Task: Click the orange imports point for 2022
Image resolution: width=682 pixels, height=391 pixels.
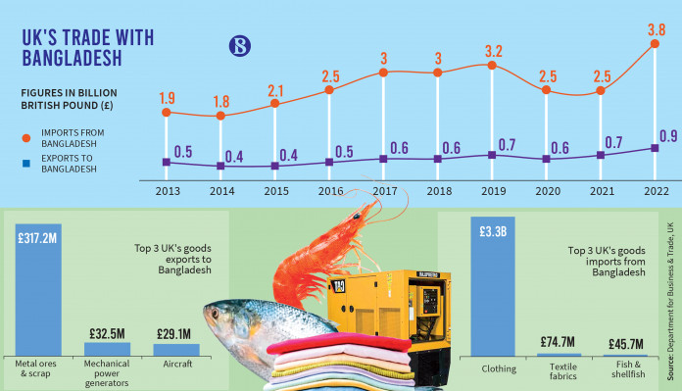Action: point(655,43)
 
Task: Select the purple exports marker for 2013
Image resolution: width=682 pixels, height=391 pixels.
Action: point(167,162)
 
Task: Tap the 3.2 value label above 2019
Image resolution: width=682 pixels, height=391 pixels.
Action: point(494,51)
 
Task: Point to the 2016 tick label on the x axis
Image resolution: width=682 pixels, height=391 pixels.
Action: point(330,191)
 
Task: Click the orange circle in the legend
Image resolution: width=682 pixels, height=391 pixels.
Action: point(26,138)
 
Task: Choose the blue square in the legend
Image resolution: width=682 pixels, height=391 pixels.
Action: point(26,164)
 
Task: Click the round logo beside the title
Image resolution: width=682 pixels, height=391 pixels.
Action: point(240,46)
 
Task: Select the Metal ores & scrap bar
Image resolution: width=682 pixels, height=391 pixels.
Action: point(38,290)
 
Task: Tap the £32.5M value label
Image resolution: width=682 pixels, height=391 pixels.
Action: point(107,333)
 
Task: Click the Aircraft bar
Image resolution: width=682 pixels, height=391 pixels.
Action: point(176,350)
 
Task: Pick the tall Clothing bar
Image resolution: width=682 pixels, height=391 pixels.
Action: point(493,286)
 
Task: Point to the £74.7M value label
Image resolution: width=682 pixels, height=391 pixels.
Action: point(558,342)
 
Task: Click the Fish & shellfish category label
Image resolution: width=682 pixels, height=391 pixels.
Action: point(628,369)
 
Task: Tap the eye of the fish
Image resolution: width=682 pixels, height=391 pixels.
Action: point(215,314)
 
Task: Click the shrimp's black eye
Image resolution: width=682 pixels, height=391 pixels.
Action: point(357,216)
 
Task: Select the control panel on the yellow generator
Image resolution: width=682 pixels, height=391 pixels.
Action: point(429,300)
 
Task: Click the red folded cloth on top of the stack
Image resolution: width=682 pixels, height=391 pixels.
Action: point(339,344)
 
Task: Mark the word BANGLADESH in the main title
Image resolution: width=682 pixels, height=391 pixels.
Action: point(72,58)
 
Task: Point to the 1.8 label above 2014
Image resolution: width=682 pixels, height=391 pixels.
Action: point(221,102)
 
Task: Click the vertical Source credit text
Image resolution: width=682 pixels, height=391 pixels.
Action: point(670,302)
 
